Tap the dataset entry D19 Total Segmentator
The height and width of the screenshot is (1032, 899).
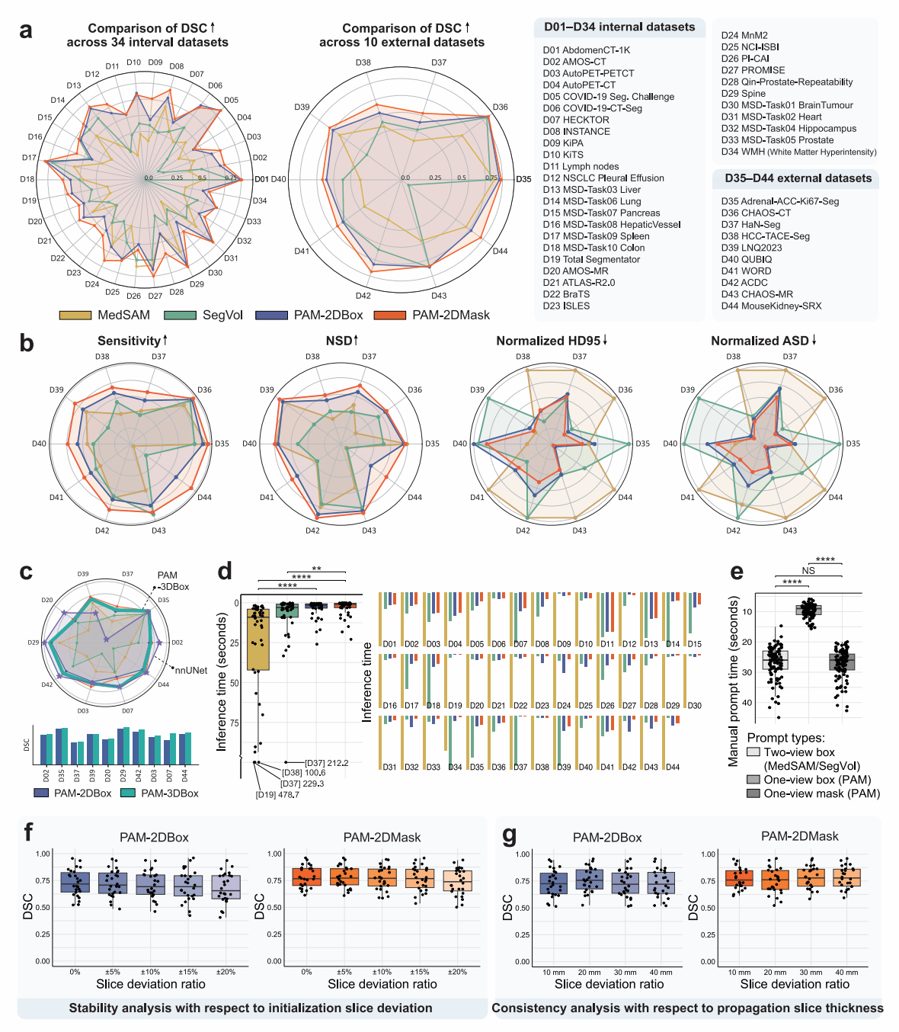591,259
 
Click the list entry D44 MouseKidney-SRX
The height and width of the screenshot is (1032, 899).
771,306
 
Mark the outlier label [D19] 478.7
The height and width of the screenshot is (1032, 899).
277,795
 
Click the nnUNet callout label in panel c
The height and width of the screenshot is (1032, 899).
190,671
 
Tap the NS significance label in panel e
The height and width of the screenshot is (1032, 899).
808,570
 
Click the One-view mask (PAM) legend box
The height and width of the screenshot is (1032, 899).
753,793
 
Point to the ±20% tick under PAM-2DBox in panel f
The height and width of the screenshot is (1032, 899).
226,972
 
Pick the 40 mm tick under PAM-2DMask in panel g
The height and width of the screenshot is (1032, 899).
846,973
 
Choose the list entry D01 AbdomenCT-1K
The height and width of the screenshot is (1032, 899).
586,50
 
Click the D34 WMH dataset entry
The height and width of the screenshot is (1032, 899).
798,152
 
